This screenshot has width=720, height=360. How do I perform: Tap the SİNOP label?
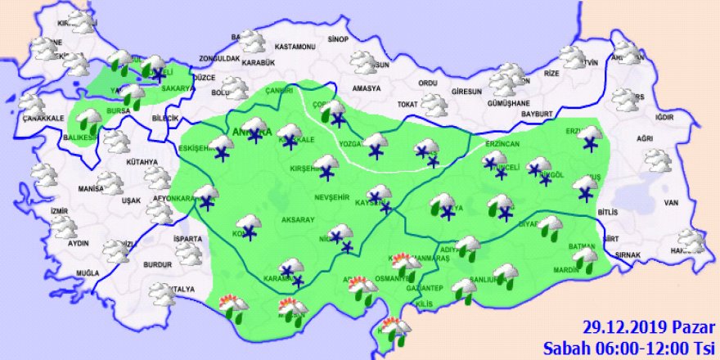point(338,39)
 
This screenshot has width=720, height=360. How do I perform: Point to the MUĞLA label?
point(87,272)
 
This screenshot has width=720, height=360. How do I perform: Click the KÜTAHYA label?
point(141,162)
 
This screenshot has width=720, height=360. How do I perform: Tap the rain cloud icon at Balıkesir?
point(88,122)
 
